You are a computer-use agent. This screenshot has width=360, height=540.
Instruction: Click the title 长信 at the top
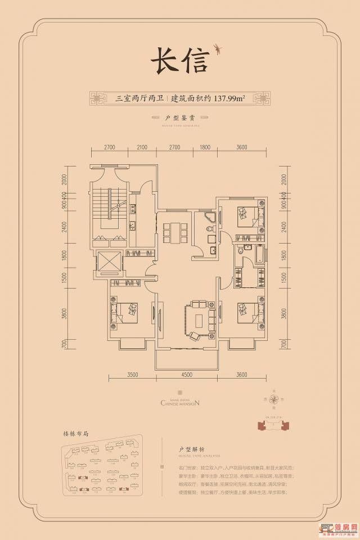coord(178,60)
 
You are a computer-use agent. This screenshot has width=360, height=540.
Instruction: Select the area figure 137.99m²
coord(228,98)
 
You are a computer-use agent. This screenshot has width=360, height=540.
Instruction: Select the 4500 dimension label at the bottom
coord(187,374)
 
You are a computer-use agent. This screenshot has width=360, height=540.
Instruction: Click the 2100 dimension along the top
coord(142,147)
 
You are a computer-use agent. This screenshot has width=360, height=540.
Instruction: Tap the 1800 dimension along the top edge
coord(204,147)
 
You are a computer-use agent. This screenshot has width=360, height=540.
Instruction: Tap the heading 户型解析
coord(182,451)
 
